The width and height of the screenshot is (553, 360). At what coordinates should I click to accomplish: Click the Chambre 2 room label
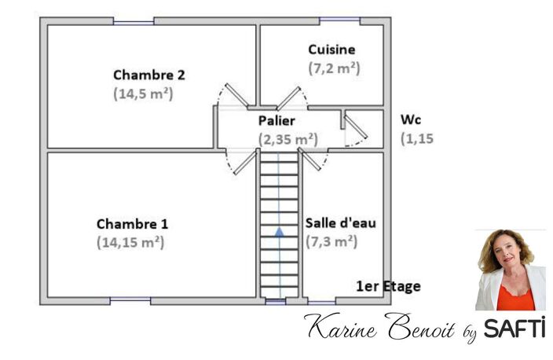[x=148, y=75]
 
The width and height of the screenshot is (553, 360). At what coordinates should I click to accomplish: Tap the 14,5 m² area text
[x=143, y=94]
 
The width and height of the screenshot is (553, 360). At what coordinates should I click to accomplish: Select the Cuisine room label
[x=331, y=50]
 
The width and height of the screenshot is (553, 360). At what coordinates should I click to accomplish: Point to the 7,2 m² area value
[x=334, y=68]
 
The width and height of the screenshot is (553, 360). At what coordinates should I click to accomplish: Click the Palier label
[x=276, y=121]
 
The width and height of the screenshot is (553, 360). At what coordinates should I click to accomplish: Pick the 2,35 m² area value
[x=288, y=139]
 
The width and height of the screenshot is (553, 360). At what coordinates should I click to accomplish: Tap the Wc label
[x=411, y=120]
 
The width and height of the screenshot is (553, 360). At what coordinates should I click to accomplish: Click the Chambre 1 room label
[x=132, y=224]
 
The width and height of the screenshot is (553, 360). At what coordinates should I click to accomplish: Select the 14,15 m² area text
[x=130, y=242]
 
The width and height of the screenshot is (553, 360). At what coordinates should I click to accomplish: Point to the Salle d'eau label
[x=340, y=223]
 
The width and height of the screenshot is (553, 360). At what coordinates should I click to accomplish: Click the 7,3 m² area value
[x=331, y=242]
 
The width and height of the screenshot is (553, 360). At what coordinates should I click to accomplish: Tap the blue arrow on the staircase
[x=280, y=232]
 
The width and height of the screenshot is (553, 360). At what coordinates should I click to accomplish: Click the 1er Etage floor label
[x=388, y=286]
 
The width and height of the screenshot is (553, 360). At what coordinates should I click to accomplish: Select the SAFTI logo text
[x=515, y=328]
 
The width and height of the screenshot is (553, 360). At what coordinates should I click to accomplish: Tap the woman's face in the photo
[x=507, y=252]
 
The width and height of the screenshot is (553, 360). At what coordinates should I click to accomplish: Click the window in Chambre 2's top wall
[x=134, y=23]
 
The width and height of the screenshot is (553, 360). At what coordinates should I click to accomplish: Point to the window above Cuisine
[x=339, y=20]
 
